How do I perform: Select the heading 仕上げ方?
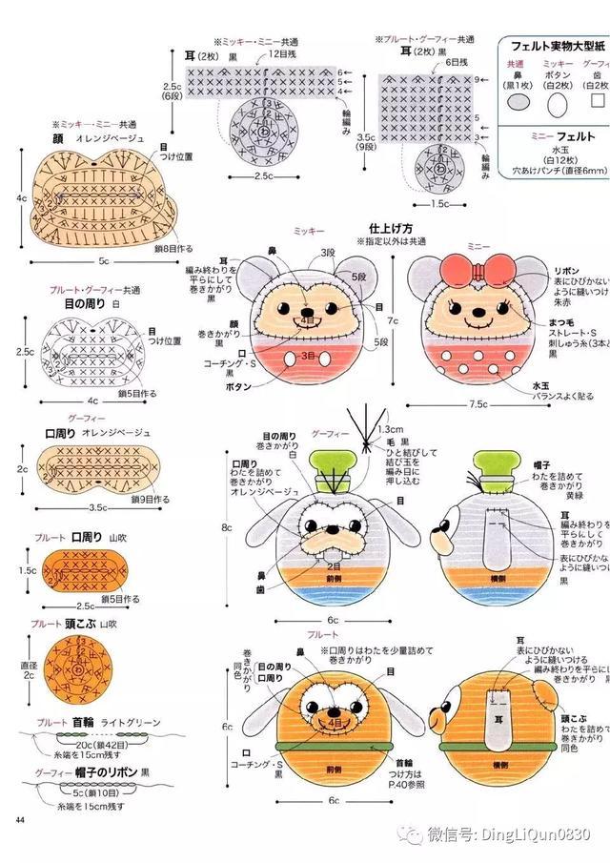(390, 229)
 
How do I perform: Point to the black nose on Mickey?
(306, 312)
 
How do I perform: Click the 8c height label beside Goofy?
(226, 526)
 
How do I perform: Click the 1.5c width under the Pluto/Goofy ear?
(440, 203)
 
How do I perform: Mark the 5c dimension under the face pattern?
(102, 259)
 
